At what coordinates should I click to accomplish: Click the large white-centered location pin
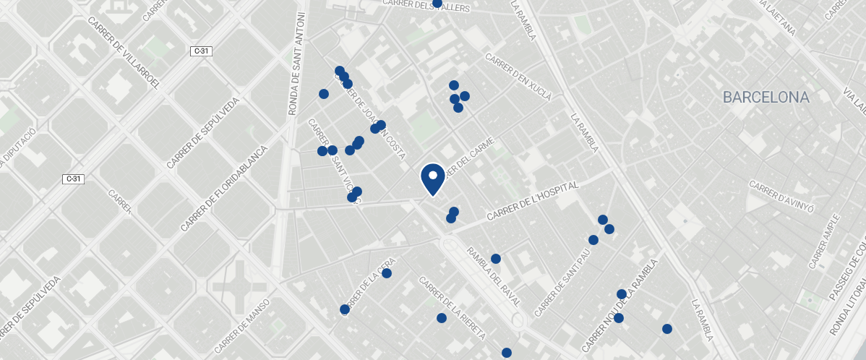pos(432,178)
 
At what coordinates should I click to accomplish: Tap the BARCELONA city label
pos(766,98)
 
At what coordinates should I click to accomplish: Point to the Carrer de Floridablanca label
pos(224,188)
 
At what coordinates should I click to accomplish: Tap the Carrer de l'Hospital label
pos(533,202)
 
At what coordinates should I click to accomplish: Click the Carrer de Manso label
pos(241,317)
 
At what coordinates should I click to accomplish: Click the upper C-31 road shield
pos(202,51)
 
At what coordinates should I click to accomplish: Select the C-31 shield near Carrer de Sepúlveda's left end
pos(73,179)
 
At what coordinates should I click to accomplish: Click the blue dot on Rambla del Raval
pos(496,259)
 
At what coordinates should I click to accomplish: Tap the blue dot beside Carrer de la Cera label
pos(387,273)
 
